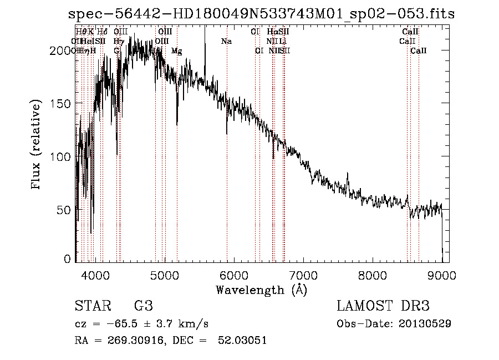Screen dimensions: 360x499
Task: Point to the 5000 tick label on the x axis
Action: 164,274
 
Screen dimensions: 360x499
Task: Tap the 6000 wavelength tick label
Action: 233,274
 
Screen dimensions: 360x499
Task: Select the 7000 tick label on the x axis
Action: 303,274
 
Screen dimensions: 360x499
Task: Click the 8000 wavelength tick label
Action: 372,274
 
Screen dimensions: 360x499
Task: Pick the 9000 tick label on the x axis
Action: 441,274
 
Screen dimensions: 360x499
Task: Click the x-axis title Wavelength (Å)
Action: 261,290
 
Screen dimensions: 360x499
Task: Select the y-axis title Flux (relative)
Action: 37,145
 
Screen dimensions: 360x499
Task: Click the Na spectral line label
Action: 226,42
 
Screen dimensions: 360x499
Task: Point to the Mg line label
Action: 176,51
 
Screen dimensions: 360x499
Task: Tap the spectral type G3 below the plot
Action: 143,306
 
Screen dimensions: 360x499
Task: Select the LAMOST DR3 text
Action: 383,306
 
